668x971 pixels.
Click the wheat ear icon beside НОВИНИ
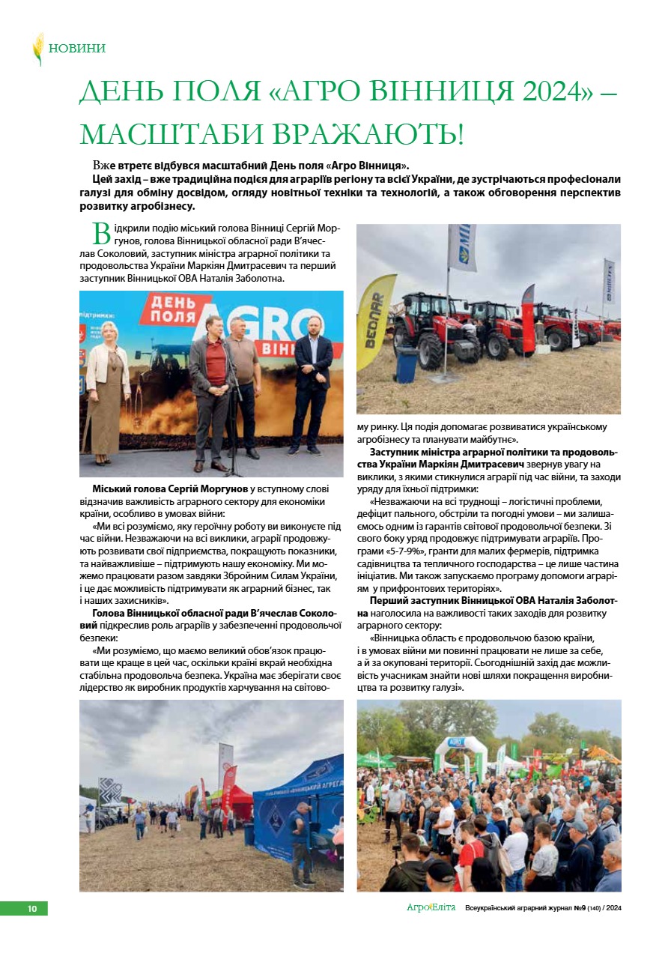(x=38, y=49)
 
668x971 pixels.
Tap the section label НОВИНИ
(x=77, y=49)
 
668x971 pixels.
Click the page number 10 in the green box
(x=31, y=909)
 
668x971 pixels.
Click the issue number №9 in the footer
(x=579, y=908)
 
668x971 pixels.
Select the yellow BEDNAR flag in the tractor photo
(x=375, y=318)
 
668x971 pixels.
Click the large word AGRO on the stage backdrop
(x=247, y=325)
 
